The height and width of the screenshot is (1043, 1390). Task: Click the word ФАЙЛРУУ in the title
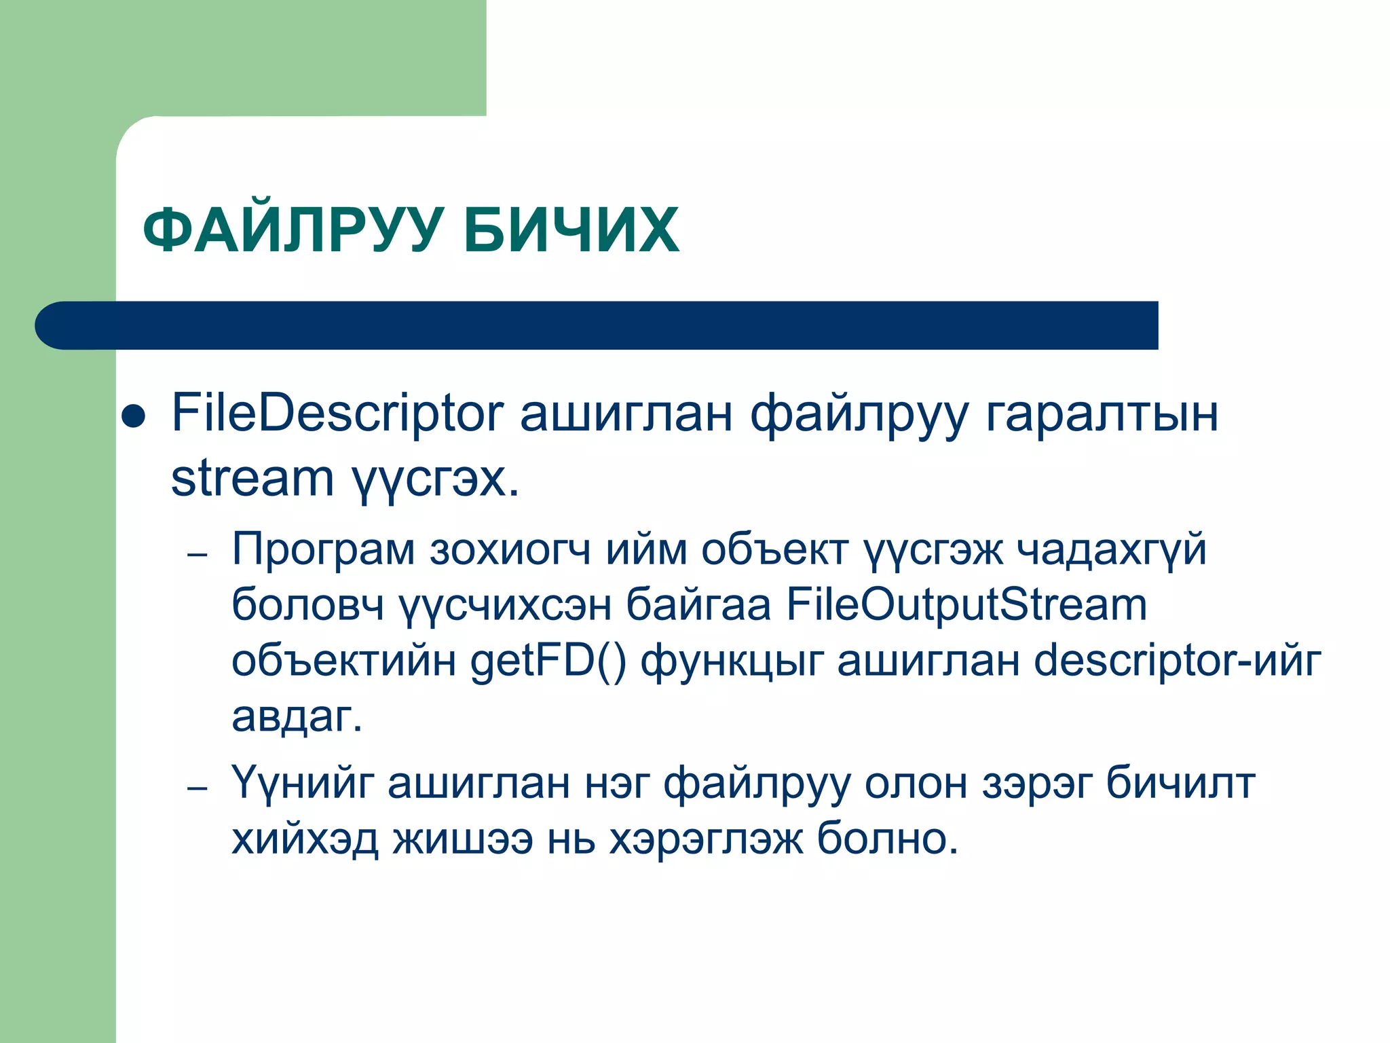pos(293,231)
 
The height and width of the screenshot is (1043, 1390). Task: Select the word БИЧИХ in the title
pos(571,231)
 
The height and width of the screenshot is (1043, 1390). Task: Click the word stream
pos(252,478)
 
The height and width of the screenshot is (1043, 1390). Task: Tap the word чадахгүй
pos(1112,550)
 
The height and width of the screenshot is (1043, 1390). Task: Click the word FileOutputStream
pos(966,604)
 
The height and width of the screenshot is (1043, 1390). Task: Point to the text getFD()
pos(548,661)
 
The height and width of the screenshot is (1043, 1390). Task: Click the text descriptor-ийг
pos(1177,661)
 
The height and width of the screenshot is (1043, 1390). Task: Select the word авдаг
pos(297,716)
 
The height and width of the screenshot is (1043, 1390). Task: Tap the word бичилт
pos(1180,783)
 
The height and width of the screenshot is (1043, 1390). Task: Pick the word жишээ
pos(463,839)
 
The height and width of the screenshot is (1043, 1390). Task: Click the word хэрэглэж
pos(705,841)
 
